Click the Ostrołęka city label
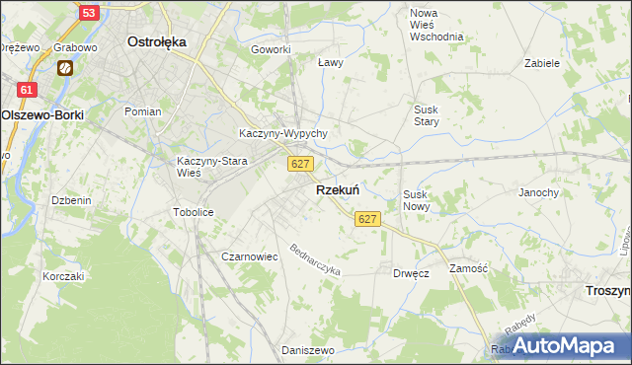coord(157,42)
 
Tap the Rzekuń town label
coord(337,190)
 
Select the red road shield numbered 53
coord(89,13)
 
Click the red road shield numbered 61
coord(27,90)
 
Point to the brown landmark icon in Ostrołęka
coord(65,68)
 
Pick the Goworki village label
coord(271,49)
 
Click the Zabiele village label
coord(542,62)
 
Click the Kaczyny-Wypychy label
coord(283,133)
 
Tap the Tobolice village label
coord(193,212)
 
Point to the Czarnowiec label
coord(249,256)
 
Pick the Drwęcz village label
coord(410,273)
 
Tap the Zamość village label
coord(469,268)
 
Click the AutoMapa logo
coord(564,345)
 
